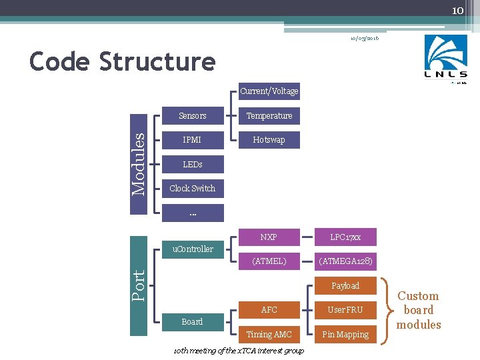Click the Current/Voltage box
coord(269,91)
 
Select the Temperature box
coord(269,116)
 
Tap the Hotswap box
coord(269,140)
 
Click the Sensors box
coord(193,116)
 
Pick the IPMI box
coord(193,140)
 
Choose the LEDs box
coord(193,164)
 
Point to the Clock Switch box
coord(193,189)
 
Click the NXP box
coord(269,237)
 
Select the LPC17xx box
coord(345,237)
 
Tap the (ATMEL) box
coord(269,261)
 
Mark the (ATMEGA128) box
coord(345,261)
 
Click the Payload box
coord(345,286)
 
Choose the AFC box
coord(269,310)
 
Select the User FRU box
coord(345,310)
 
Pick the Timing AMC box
coord(269,335)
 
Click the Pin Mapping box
coord(345,335)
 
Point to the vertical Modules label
coord(138,164)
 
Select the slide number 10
coord(457,10)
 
